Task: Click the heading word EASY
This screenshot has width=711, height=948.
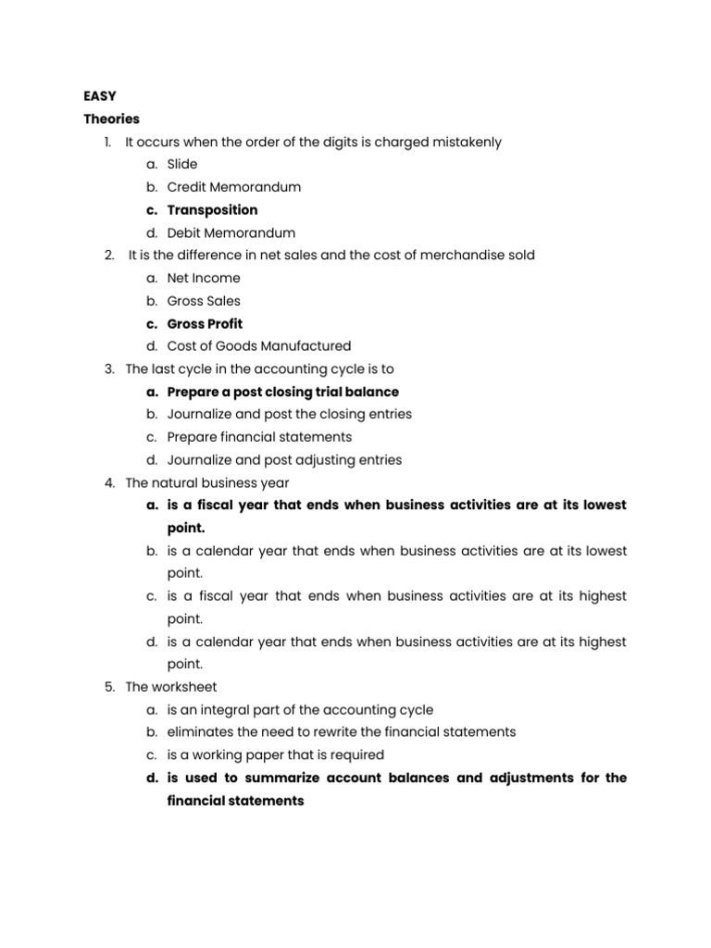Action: pyautogui.click(x=100, y=95)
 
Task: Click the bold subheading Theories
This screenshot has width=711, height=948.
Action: pyautogui.click(x=111, y=118)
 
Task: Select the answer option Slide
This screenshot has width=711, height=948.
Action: pyautogui.click(x=182, y=164)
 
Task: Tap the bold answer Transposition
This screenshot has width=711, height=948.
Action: pyautogui.click(x=212, y=210)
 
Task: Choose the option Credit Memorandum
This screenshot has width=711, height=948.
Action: pyautogui.click(x=233, y=187)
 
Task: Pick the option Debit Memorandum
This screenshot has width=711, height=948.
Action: pyautogui.click(x=231, y=232)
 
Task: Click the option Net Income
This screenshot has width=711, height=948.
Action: pyautogui.click(x=203, y=278)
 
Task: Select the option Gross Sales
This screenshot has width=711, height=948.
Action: pyautogui.click(x=204, y=301)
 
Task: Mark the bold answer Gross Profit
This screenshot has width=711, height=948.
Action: pyautogui.click(x=205, y=324)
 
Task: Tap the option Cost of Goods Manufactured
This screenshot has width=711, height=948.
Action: pyautogui.click(x=259, y=346)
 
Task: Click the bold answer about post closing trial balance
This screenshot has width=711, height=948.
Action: pyautogui.click(x=282, y=392)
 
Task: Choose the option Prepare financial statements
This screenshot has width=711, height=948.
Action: pyautogui.click(x=259, y=437)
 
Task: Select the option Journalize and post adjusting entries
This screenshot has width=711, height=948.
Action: pyautogui.click(x=284, y=460)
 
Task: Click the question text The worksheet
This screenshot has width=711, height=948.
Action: pyautogui.click(x=170, y=686)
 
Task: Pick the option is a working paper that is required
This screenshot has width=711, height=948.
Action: pyautogui.click(x=275, y=755)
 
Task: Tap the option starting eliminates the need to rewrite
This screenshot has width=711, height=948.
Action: pyautogui.click(x=342, y=731)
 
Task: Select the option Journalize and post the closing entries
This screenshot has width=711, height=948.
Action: pyautogui.click(x=289, y=414)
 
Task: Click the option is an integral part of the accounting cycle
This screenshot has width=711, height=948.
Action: pyautogui.click(x=300, y=709)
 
